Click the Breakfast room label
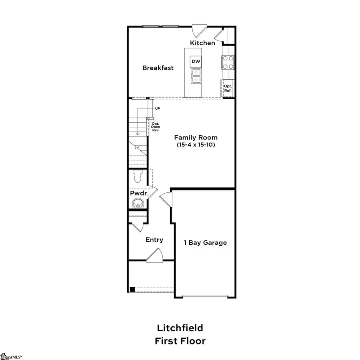pos(158,68)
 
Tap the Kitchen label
pos(202,43)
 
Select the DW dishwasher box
pos(196,61)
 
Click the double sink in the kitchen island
pos(196,76)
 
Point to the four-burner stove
pos(228,63)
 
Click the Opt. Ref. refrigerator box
pos(228,88)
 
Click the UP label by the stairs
pos(157,108)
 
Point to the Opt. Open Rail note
pos(155,127)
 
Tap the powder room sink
pos(138,203)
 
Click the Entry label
pos(154,240)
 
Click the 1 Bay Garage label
pos(205,242)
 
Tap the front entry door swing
pos(154,256)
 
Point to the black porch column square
pos(132,290)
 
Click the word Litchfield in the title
pos(180,328)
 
